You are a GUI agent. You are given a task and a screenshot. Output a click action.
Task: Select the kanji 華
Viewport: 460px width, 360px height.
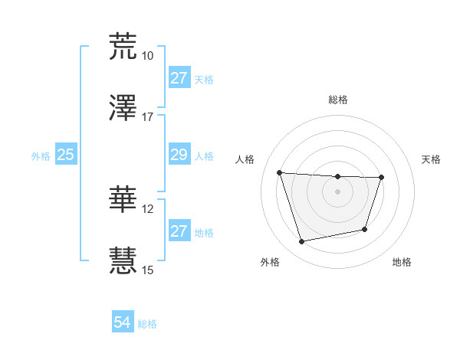(123, 199)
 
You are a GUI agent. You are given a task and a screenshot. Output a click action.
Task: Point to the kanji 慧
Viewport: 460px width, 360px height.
(123, 260)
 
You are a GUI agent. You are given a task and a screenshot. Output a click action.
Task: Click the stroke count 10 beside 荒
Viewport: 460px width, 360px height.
(147, 56)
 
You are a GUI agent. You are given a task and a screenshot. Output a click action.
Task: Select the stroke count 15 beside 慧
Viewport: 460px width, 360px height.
(147, 270)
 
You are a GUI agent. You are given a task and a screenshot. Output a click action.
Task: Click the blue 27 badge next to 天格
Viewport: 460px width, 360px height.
(179, 78)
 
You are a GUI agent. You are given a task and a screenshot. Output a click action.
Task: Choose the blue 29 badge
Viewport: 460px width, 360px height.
(179, 155)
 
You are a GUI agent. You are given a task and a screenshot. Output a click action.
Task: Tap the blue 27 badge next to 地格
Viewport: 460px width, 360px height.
(179, 231)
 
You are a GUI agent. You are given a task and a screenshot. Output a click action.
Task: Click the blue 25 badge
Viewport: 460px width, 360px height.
(66, 155)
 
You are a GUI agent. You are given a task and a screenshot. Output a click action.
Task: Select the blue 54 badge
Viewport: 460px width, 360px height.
(123, 322)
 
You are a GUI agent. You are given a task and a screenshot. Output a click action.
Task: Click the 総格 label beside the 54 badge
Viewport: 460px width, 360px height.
(147, 324)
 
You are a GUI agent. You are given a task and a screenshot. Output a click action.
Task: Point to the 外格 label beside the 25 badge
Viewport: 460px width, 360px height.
(41, 155)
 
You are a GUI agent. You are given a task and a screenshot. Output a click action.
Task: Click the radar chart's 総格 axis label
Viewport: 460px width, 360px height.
(337, 100)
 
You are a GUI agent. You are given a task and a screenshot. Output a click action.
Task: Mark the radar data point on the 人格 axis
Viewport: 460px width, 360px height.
(280, 172)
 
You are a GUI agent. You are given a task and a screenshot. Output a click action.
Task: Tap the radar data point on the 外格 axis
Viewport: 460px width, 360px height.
(302, 242)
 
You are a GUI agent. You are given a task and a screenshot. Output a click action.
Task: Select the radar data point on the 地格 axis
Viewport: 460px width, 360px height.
(365, 229)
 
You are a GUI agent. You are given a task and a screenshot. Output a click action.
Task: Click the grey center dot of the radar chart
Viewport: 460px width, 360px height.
(337, 191)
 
